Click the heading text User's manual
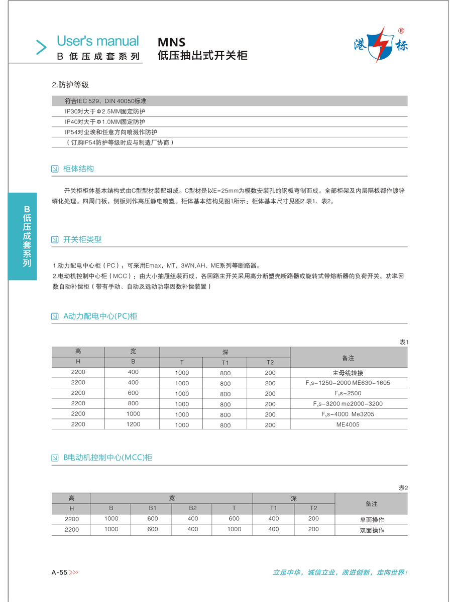click(97, 41)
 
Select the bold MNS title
click(172, 43)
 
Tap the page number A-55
click(59, 572)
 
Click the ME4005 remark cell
click(348, 424)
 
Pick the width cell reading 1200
click(133, 424)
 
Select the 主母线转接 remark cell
click(348, 373)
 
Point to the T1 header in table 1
click(225, 362)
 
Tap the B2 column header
click(193, 508)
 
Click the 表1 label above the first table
click(403, 342)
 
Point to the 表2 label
click(403, 488)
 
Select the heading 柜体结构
click(78, 169)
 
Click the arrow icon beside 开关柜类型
click(55, 240)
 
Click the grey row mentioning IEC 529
click(229, 101)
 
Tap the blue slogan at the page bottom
click(339, 572)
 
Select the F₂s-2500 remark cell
click(348, 393)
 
